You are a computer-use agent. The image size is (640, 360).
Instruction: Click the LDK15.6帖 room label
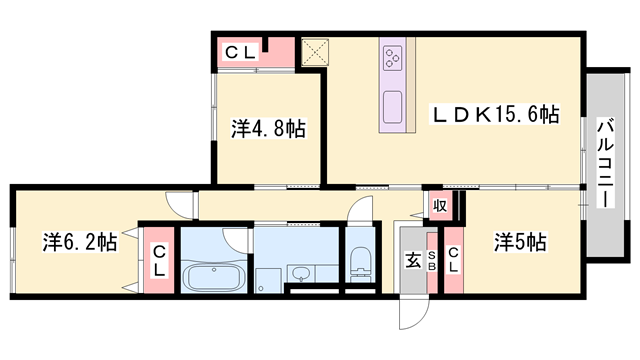pos(495,116)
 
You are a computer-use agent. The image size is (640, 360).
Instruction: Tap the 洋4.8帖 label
pos(268,129)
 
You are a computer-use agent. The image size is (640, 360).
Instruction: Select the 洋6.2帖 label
pos(80,242)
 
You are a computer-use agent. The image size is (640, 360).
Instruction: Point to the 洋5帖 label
pos(520,241)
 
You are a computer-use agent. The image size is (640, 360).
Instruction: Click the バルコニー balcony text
pos(605,163)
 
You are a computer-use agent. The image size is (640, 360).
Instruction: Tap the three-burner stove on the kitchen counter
pos(392,56)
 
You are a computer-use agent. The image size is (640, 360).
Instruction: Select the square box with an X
pos(314,51)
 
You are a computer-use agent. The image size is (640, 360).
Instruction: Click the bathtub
pos(217,277)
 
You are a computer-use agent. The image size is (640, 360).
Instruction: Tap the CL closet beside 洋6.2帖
pos(158,261)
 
